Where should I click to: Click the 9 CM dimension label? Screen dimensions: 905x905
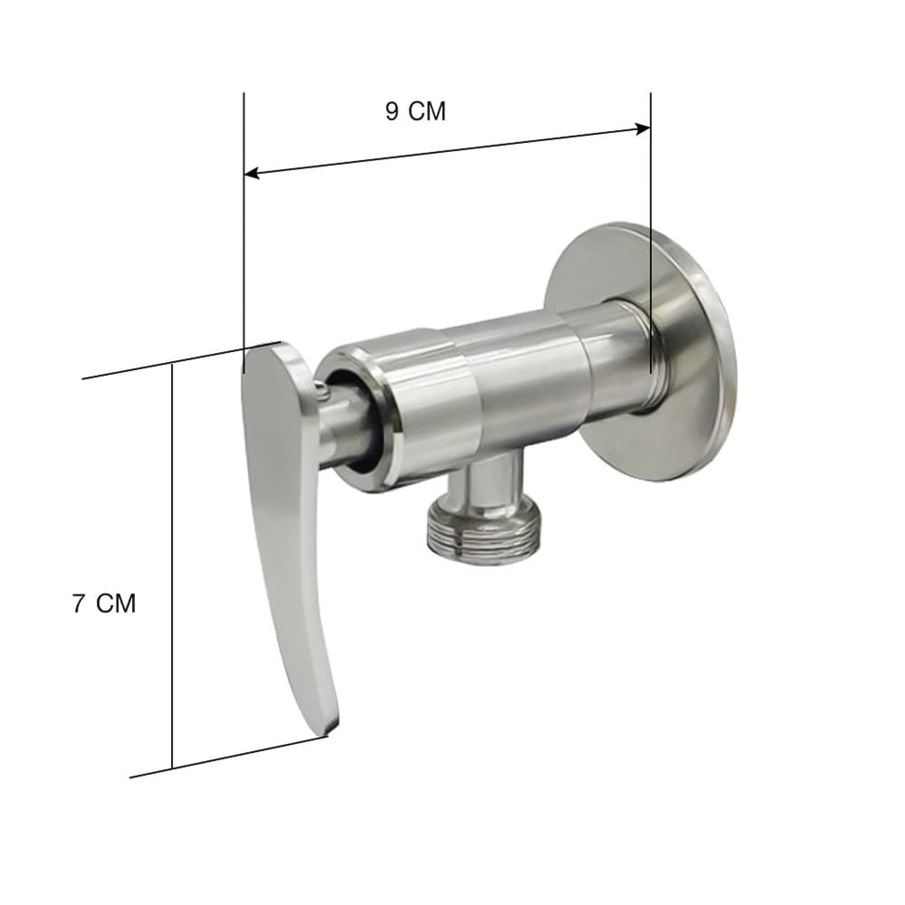pyautogui.click(x=415, y=111)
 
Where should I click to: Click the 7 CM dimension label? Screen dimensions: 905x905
pyautogui.click(x=104, y=604)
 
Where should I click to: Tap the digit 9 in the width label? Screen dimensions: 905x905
pyautogui.click(x=393, y=111)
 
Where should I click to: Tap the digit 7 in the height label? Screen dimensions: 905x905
pyautogui.click(x=79, y=604)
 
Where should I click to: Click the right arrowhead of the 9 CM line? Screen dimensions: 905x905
pyautogui.click(x=643, y=129)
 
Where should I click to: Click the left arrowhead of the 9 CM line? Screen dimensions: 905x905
pyautogui.click(x=252, y=173)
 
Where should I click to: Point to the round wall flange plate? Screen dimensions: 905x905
pyautogui.click(x=641, y=351)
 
